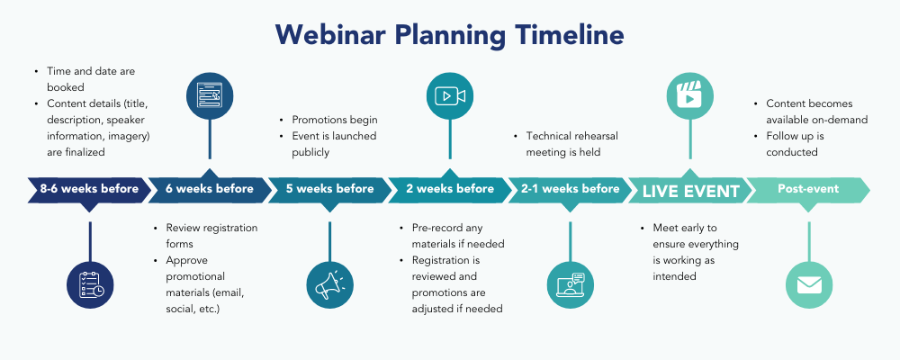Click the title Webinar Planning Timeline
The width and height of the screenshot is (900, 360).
click(x=449, y=34)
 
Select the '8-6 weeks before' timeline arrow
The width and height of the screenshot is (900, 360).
click(x=89, y=189)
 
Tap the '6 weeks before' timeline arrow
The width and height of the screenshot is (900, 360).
click(x=209, y=189)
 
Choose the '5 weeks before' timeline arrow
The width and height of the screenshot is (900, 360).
click(x=329, y=189)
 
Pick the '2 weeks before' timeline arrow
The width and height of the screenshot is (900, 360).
click(x=449, y=189)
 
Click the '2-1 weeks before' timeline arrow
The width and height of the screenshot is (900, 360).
click(x=570, y=189)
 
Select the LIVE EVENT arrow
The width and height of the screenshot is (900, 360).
click(x=689, y=190)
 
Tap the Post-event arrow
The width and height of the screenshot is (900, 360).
click(x=808, y=189)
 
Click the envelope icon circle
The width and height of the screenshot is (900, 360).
click(x=809, y=284)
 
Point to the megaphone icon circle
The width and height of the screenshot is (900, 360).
click(x=329, y=284)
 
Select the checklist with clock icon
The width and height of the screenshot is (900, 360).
click(x=90, y=284)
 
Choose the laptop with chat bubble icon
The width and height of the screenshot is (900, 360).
click(x=570, y=284)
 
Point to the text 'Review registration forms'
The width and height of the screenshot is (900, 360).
click(x=205, y=236)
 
